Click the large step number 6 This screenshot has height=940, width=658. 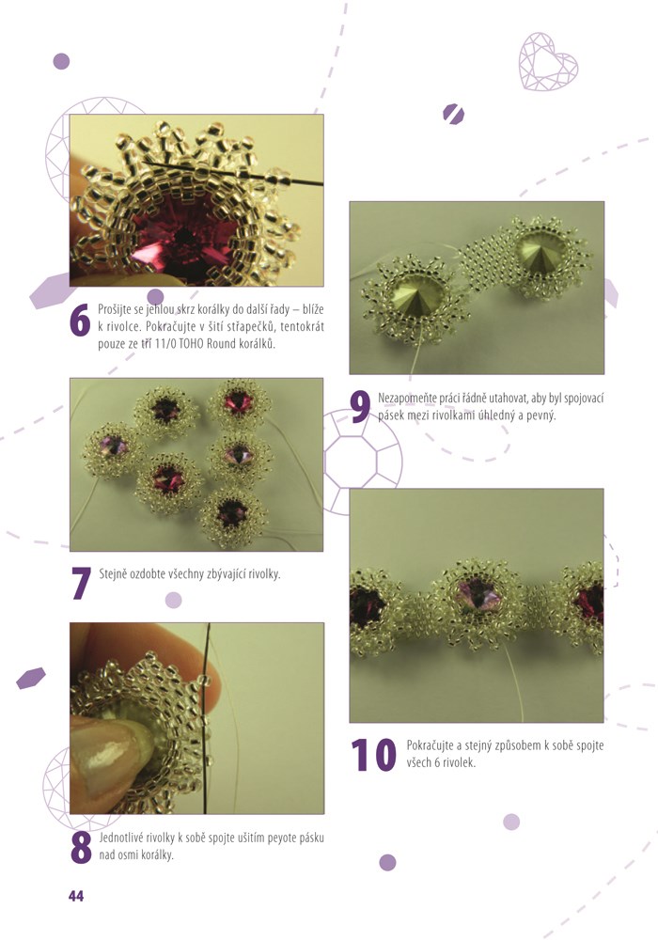pos(80,321)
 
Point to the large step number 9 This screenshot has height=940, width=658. pos(360,407)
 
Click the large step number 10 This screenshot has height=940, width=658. pos(373,754)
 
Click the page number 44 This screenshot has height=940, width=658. pos(76,896)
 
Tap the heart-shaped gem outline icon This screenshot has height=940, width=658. pos(548,62)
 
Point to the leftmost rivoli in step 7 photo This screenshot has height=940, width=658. pos(113,446)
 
